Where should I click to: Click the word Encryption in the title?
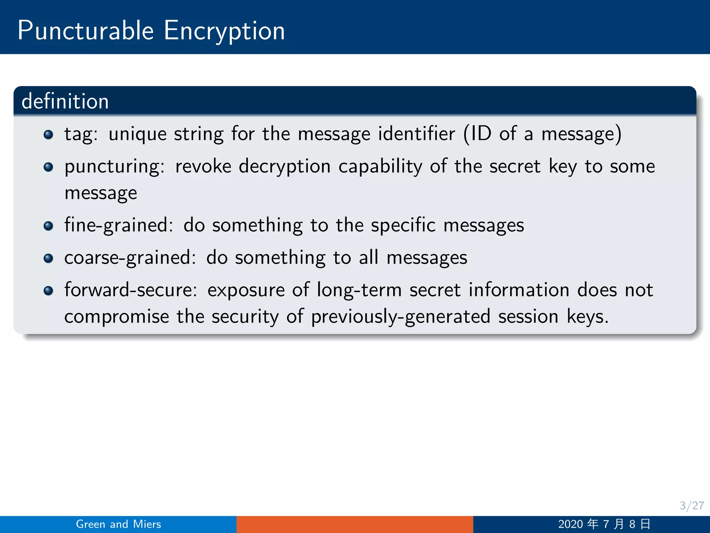click(x=224, y=31)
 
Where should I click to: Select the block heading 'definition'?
click(x=65, y=101)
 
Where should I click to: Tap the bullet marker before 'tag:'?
click(x=49, y=135)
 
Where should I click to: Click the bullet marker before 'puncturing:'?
click(x=49, y=167)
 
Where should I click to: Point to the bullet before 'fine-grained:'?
click(x=49, y=226)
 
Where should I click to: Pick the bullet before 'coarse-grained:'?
click(x=49, y=259)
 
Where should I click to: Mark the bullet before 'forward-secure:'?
click(x=49, y=291)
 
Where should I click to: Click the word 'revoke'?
click(x=203, y=166)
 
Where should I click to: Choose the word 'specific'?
click(x=403, y=226)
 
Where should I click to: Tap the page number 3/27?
click(x=691, y=506)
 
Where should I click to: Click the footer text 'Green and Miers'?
click(x=119, y=524)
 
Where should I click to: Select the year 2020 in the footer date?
click(x=570, y=524)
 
